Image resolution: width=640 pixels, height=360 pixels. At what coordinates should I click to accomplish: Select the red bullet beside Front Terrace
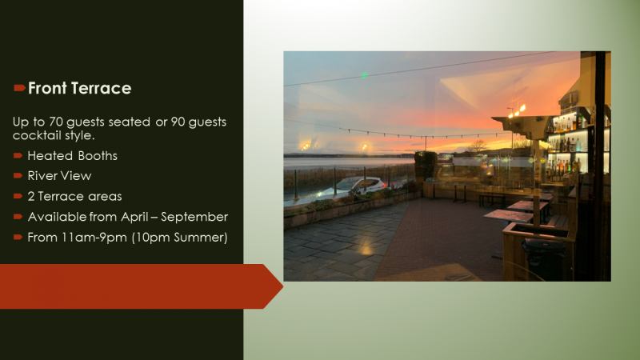[19, 88]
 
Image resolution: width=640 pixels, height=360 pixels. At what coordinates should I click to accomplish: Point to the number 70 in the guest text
[55, 122]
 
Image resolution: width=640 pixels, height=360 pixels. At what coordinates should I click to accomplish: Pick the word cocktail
[36, 135]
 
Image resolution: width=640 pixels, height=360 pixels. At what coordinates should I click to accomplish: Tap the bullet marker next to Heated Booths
[18, 155]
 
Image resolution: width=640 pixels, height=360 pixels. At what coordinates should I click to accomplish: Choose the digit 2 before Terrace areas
[31, 196]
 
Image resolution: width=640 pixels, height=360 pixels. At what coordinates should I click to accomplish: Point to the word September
[194, 217]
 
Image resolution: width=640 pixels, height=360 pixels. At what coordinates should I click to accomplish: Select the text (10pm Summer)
[179, 238]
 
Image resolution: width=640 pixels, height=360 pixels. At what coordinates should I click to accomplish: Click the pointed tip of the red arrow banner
[283, 286]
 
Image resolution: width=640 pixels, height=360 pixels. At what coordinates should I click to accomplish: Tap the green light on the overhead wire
[364, 75]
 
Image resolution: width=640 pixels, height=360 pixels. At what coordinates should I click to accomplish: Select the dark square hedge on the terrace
[426, 166]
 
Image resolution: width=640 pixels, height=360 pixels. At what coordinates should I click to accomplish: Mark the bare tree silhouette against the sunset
[477, 146]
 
